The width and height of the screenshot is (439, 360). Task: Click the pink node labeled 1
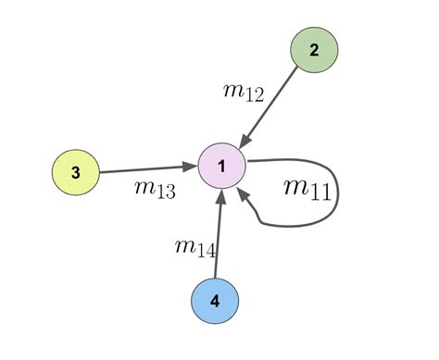(x=221, y=167)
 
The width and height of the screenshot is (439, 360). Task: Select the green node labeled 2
(x=313, y=51)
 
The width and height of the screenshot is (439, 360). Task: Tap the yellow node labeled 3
(x=75, y=173)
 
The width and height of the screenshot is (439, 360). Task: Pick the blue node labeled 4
(x=215, y=301)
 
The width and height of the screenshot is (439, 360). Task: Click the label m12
(x=244, y=91)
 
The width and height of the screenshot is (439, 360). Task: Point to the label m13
(x=155, y=189)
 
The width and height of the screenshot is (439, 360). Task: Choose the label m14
(x=195, y=246)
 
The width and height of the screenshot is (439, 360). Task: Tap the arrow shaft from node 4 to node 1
(x=219, y=236)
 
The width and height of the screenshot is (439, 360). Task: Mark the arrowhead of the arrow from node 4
(x=220, y=195)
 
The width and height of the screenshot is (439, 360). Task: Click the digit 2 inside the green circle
(x=313, y=51)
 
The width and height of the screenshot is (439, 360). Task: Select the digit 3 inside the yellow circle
(x=75, y=173)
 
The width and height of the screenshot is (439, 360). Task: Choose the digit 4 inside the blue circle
(x=215, y=301)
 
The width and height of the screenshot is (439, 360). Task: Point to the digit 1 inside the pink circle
(x=221, y=167)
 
